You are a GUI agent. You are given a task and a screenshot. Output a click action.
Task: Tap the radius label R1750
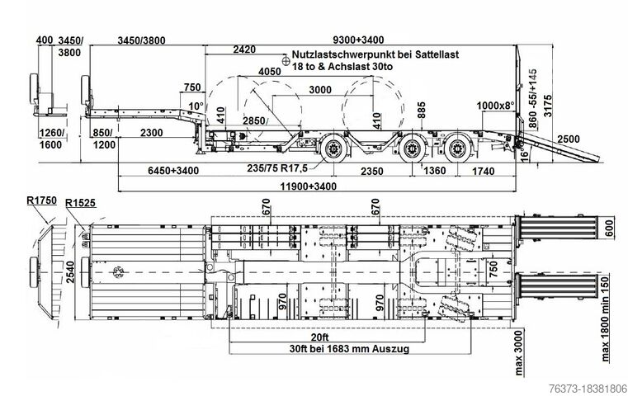[40, 200]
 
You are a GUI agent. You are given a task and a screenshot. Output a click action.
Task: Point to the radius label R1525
[82, 201]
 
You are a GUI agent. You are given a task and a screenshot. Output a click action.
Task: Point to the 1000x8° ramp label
[498, 106]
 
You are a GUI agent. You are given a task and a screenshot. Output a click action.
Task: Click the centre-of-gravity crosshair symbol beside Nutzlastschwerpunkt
[286, 59]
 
